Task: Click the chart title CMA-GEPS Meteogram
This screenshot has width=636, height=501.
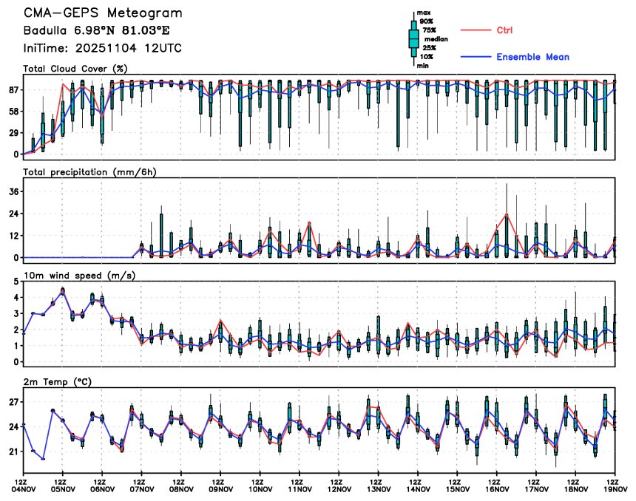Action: click(102, 13)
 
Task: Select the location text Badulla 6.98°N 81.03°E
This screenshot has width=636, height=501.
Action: click(101, 31)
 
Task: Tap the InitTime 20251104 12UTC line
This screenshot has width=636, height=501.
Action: click(102, 48)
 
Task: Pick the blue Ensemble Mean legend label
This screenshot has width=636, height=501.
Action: click(532, 57)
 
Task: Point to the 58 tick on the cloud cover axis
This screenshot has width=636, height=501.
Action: click(13, 111)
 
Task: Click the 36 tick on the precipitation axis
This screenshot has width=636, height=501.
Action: click(13, 191)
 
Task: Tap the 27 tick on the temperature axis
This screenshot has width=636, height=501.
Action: click(13, 402)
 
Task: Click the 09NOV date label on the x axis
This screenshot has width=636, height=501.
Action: click(221, 488)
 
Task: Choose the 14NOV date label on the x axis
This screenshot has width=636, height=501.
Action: click(418, 488)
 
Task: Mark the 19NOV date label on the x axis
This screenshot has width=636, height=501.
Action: click(615, 488)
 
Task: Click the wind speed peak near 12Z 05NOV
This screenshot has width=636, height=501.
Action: click(63, 290)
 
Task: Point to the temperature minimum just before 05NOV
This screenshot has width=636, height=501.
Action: click(44, 459)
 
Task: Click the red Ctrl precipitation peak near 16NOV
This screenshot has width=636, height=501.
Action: click(507, 214)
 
